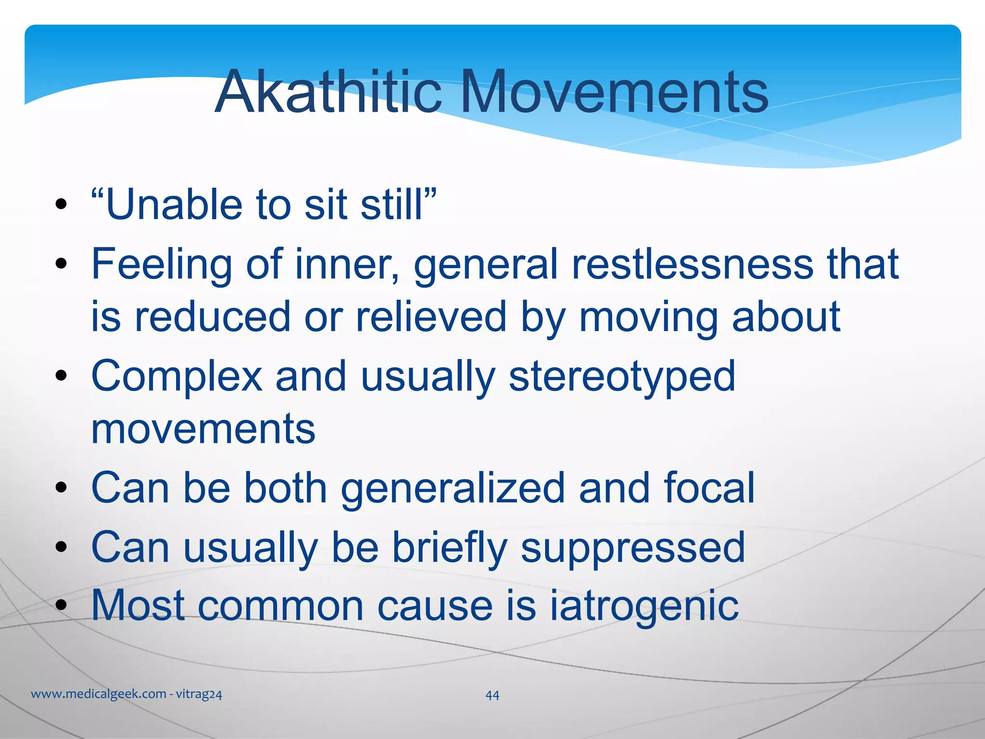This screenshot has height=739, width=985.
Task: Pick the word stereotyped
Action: click(x=622, y=376)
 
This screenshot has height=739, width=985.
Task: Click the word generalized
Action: click(x=453, y=488)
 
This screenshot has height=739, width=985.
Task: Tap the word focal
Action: click(x=709, y=488)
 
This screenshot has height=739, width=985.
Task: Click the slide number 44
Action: click(x=492, y=695)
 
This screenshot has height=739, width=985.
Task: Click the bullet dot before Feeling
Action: click(x=61, y=264)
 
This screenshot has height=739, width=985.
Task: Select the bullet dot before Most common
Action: click(x=61, y=606)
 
